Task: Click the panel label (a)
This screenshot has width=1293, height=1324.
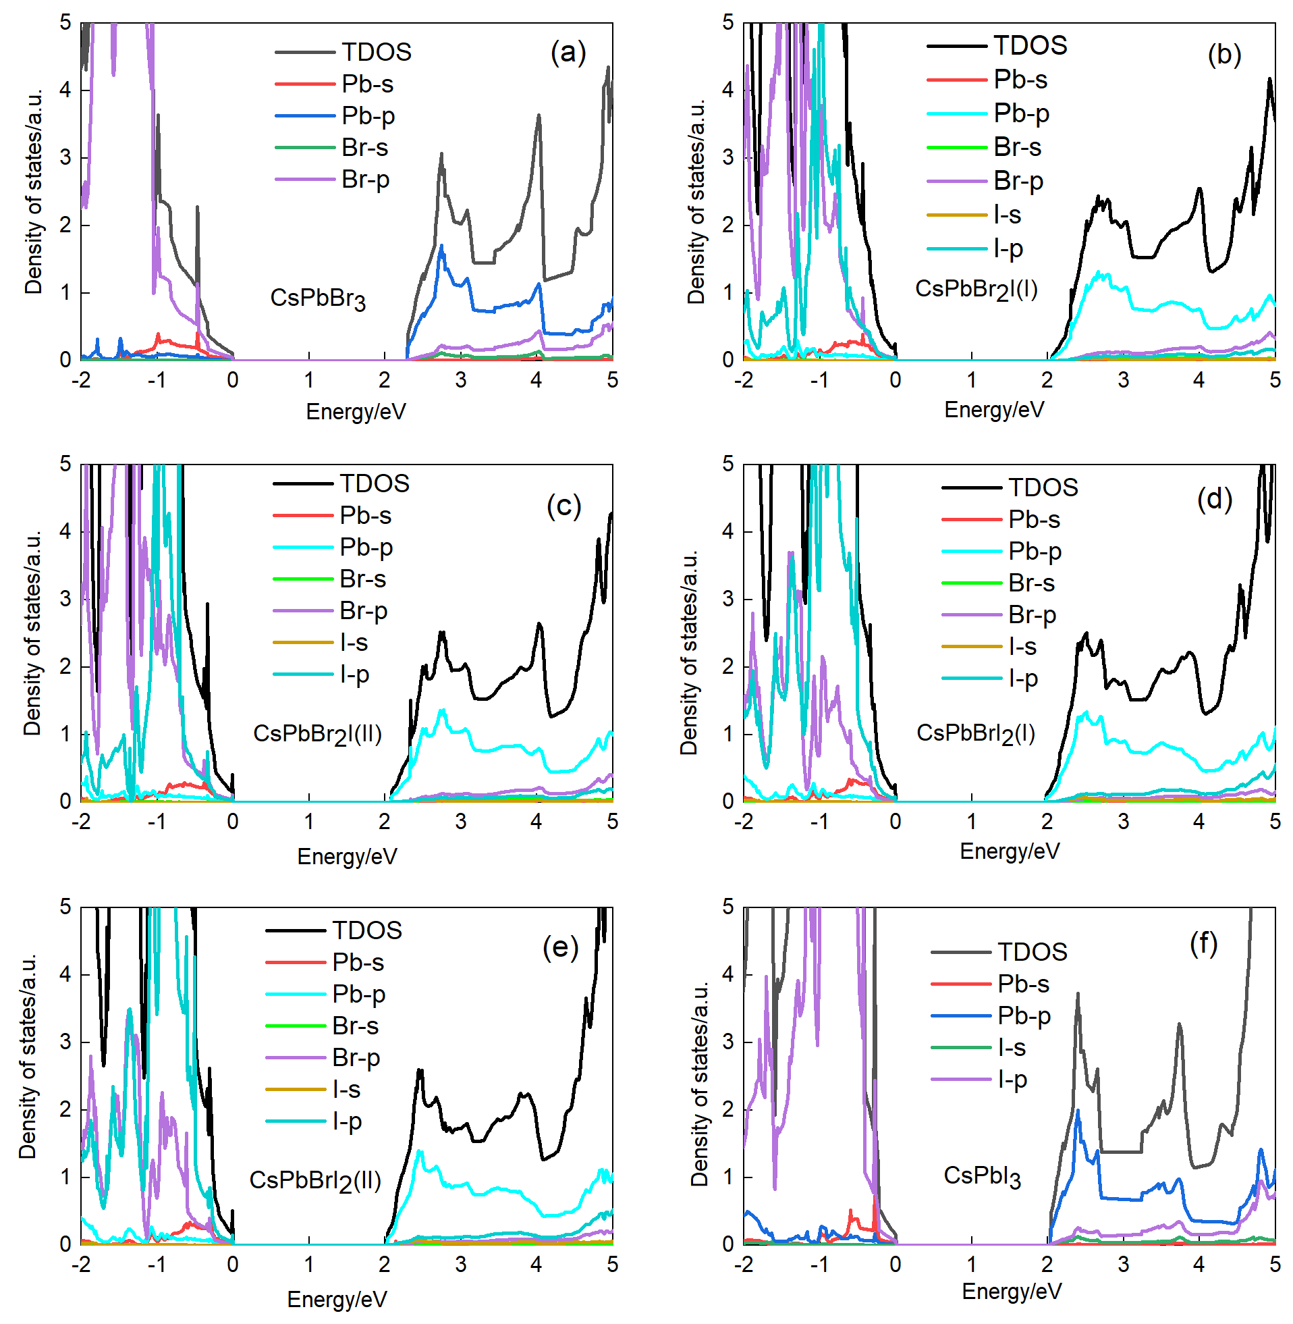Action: (568, 52)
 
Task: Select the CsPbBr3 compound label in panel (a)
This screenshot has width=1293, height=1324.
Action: (318, 298)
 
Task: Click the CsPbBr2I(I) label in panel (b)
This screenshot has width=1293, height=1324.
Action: (976, 290)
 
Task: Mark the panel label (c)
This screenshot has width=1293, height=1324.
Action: (563, 506)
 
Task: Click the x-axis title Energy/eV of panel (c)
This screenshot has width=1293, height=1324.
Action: (347, 856)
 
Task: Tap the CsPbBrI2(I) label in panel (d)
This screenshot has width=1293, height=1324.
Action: (975, 733)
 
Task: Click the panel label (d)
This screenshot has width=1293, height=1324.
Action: (1214, 500)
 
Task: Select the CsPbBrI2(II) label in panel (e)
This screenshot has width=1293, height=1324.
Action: (315, 1180)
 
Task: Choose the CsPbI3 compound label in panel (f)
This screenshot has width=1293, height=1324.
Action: (982, 1176)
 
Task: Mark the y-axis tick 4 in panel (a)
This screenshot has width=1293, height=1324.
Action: (65, 90)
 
